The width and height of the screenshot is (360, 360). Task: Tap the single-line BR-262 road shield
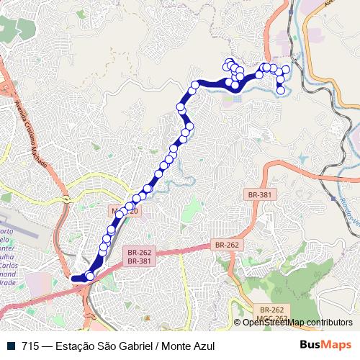coord(227,245)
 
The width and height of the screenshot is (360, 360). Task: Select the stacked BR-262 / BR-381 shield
coord(139,257)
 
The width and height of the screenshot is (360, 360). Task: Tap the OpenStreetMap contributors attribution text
coord(297,323)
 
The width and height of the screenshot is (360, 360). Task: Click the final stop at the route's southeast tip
coord(281,91)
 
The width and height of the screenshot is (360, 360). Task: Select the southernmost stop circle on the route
coord(90,276)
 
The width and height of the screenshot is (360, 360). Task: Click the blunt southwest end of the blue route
coord(74,279)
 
